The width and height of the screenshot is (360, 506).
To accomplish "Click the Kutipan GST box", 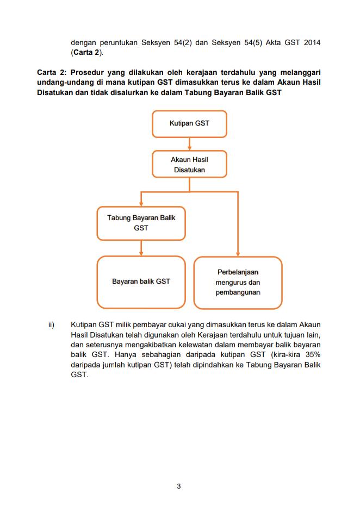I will pyautogui.click(x=189, y=124).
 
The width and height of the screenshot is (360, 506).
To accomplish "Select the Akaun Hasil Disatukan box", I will pyautogui.click(x=189, y=164).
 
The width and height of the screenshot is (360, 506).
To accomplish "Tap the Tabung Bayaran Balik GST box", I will pyautogui.click(x=141, y=223).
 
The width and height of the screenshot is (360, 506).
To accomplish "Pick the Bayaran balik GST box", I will pyautogui.click(x=141, y=282).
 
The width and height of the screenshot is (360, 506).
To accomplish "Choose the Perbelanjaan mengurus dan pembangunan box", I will pyautogui.click(x=238, y=282).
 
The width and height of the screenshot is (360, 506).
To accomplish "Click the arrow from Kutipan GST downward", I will pyautogui.click(x=189, y=143).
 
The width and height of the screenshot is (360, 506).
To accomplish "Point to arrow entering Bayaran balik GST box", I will pyautogui.click(x=141, y=252).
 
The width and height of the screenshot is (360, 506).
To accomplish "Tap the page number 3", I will pyautogui.click(x=179, y=486).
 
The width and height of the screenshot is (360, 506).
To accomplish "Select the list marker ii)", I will pyautogui.click(x=51, y=325).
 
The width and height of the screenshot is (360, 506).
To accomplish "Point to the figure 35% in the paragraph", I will pyautogui.click(x=312, y=354).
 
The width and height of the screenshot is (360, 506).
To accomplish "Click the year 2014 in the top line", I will pyautogui.click(x=311, y=43).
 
